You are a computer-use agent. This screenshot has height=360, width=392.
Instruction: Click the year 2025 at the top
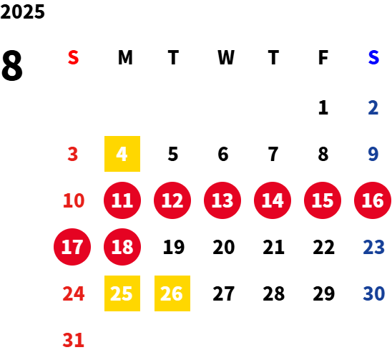(22, 11)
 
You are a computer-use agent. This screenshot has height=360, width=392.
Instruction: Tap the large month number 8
(12, 65)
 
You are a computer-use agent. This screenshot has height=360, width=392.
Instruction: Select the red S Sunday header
(73, 57)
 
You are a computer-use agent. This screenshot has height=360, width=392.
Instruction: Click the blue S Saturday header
(373, 57)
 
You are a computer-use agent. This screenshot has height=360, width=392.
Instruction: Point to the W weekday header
(226, 57)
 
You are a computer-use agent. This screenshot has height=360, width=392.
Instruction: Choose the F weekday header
(323, 57)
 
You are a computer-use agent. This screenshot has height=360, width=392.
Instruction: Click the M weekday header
(125, 57)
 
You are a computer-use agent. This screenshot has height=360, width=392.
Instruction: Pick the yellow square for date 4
(122, 154)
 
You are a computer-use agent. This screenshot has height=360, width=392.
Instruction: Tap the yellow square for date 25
(122, 293)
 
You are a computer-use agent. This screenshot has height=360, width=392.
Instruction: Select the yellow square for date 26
(172, 293)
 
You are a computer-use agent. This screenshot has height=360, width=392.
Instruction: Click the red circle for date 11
(122, 200)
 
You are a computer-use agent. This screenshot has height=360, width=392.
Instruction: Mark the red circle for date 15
(323, 200)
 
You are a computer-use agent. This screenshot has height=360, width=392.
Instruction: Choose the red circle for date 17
(72, 247)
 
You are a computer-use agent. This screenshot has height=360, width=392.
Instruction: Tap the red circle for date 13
(222, 200)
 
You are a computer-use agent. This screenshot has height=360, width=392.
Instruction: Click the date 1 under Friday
(323, 107)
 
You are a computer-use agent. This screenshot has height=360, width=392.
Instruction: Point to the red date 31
(73, 340)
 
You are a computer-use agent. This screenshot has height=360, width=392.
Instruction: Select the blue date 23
(373, 247)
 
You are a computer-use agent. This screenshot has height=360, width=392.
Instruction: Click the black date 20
(224, 247)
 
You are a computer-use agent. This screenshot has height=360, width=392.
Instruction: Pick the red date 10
(74, 200)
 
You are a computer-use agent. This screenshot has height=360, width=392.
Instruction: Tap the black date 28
(274, 293)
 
